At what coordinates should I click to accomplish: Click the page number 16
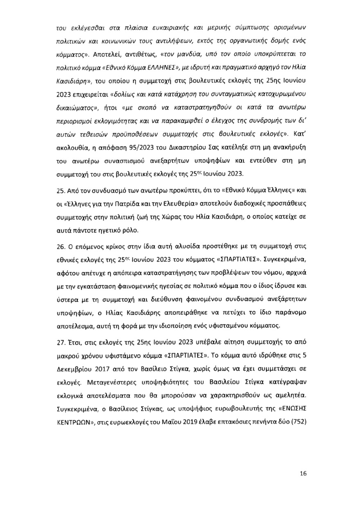click(303, 474)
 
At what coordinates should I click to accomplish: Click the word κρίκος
click(103, 247)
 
